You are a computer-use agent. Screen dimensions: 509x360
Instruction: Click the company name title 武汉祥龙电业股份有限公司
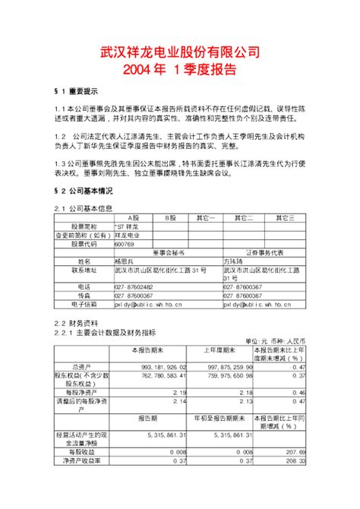180,52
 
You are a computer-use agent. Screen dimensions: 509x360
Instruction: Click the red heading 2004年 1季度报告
180,69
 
